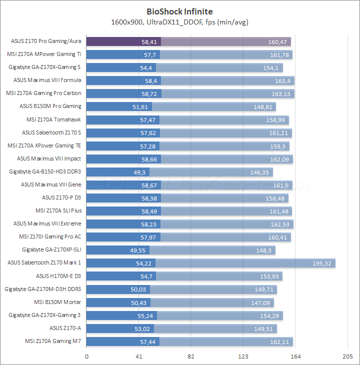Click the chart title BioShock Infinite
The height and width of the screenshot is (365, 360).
click(179, 11)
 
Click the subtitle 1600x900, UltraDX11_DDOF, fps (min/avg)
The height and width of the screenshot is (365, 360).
click(179, 22)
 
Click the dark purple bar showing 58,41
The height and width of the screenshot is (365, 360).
click(123, 41)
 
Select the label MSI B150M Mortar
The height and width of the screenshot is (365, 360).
click(57, 302)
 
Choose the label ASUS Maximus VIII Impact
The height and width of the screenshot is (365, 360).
click(49, 158)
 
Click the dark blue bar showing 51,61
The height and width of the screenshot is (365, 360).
click(119, 106)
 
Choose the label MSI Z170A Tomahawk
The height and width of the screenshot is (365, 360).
click(53, 119)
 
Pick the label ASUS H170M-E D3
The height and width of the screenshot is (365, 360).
click(58, 276)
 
